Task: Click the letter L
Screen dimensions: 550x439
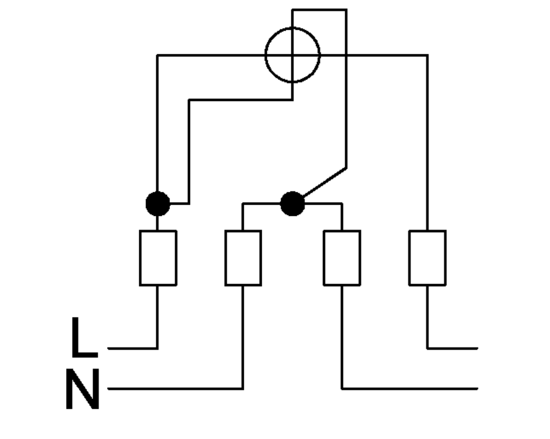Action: (84, 337)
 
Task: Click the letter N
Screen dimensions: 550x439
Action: (83, 389)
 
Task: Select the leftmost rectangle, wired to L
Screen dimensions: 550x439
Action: (158, 258)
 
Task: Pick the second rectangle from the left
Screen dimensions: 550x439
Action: (243, 258)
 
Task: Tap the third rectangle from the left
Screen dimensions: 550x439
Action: (342, 258)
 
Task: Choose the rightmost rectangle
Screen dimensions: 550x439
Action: (428, 258)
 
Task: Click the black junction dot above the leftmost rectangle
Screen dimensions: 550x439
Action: (158, 204)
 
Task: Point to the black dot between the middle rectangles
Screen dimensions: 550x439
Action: (292, 204)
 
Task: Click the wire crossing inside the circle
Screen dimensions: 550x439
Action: (292, 55)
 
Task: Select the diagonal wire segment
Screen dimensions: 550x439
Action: (325, 182)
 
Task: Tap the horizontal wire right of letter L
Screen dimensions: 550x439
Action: (133, 348)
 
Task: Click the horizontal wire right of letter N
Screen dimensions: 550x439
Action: (175, 389)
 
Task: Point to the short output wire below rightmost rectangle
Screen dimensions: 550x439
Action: (453, 348)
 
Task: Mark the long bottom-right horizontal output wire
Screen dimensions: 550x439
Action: (410, 389)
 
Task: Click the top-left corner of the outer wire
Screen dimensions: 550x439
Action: (158, 55)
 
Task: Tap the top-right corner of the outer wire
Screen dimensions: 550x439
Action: (428, 55)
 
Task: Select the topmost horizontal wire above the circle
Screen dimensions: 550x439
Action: (320, 10)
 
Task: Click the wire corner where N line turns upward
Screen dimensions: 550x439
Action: (243, 389)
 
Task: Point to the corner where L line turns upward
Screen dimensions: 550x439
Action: (158, 348)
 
